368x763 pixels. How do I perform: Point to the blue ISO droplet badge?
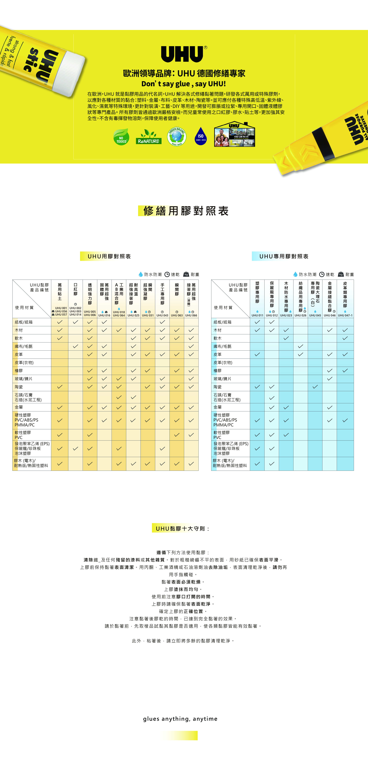point(201,136)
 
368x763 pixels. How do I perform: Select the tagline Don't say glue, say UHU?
point(183,84)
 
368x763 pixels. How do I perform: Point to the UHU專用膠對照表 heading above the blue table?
point(284,256)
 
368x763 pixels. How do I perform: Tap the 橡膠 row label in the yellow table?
point(19,371)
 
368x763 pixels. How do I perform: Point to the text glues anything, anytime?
point(180,719)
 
